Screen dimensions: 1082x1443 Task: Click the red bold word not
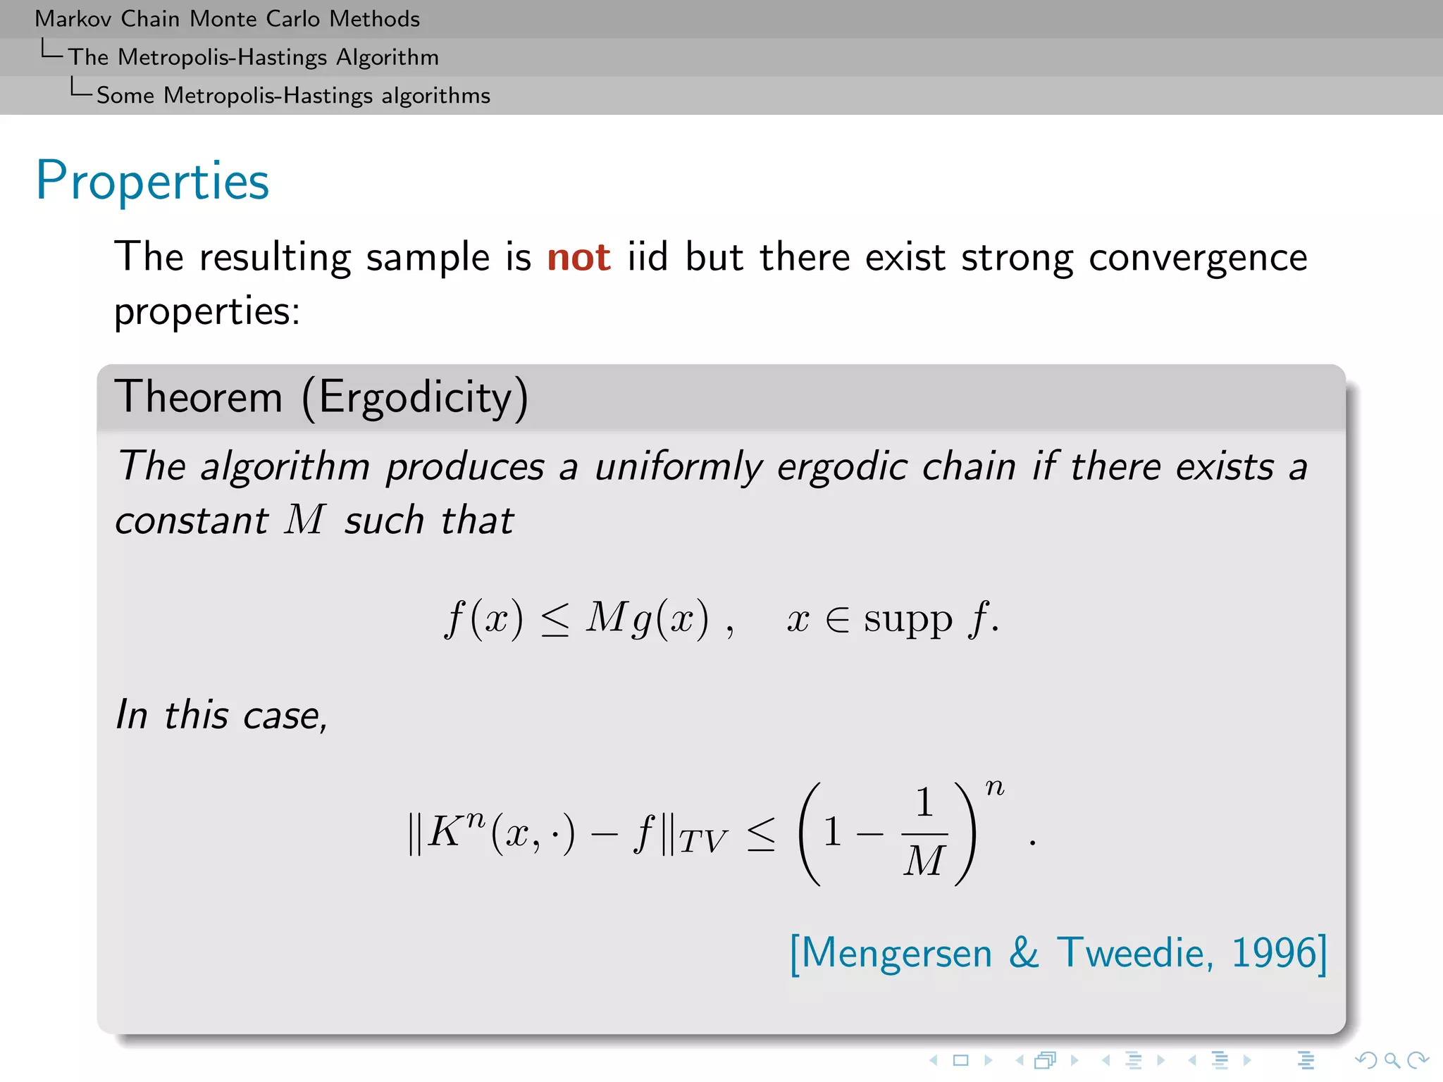pos(578,257)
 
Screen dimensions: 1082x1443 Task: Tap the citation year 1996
pos(1273,953)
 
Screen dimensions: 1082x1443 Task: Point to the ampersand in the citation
pos(1024,953)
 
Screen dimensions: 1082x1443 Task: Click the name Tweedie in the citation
pos(1135,953)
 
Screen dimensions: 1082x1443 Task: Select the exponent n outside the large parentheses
pos(994,787)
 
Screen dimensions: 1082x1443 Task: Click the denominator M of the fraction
pos(924,861)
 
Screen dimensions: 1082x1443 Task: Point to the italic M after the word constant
pos(304,520)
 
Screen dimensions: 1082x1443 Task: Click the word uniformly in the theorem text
pos(678,467)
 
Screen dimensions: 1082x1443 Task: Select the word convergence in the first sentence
pos(1198,257)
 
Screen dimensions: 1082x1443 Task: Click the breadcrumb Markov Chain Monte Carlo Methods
pos(227,19)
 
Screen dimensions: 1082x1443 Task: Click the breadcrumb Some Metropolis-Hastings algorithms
pos(293,96)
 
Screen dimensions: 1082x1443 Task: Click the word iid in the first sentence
pos(647,257)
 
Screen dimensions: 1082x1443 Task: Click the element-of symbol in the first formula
pos(837,621)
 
